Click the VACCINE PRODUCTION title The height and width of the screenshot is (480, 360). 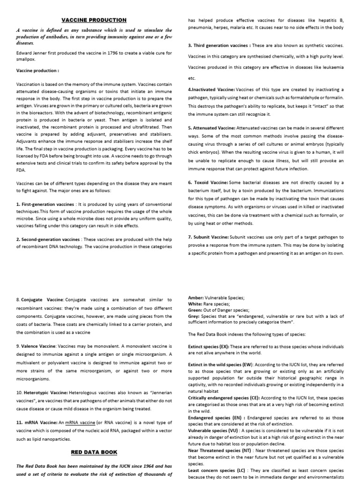point(95,20)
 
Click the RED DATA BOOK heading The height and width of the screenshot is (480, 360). point(94,452)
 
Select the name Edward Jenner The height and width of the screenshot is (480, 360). point(33,53)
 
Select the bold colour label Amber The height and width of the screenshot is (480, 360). point(195,298)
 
